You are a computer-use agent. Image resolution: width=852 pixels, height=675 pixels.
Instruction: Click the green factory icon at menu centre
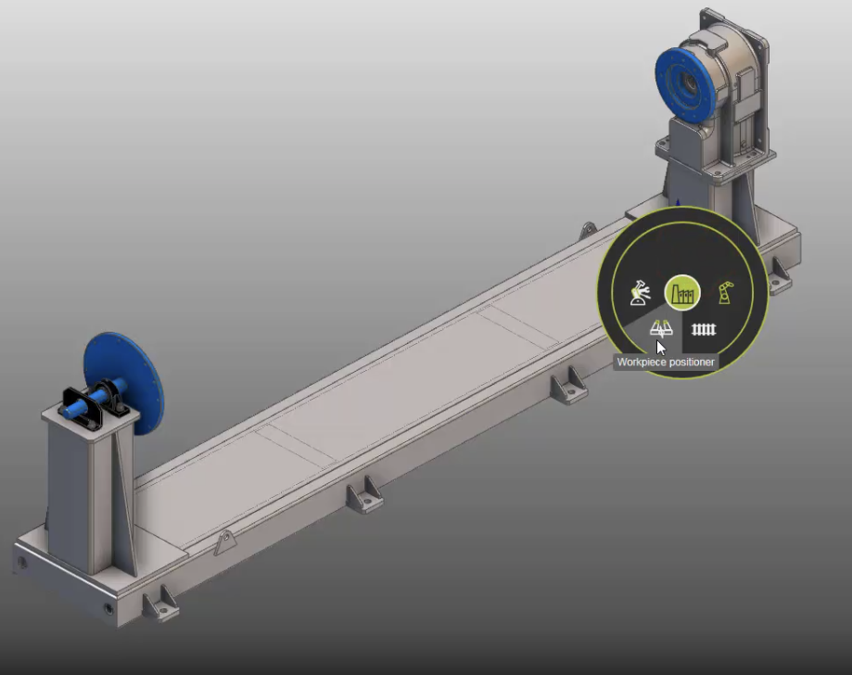pyautogui.click(x=682, y=294)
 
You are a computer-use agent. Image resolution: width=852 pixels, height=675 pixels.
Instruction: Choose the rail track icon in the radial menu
pyautogui.click(x=705, y=329)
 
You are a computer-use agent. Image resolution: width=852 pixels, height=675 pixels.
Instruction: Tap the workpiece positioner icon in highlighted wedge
pyautogui.click(x=660, y=328)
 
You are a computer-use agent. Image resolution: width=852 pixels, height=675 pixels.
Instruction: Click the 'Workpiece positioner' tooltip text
pyautogui.click(x=666, y=363)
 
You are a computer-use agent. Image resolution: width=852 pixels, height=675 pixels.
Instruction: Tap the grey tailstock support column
pyautogui.click(x=79, y=491)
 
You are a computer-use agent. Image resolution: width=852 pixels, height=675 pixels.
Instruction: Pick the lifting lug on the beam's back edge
pyautogui.click(x=587, y=229)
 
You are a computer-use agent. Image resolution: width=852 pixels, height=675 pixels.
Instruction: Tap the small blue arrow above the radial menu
pyautogui.click(x=679, y=202)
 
